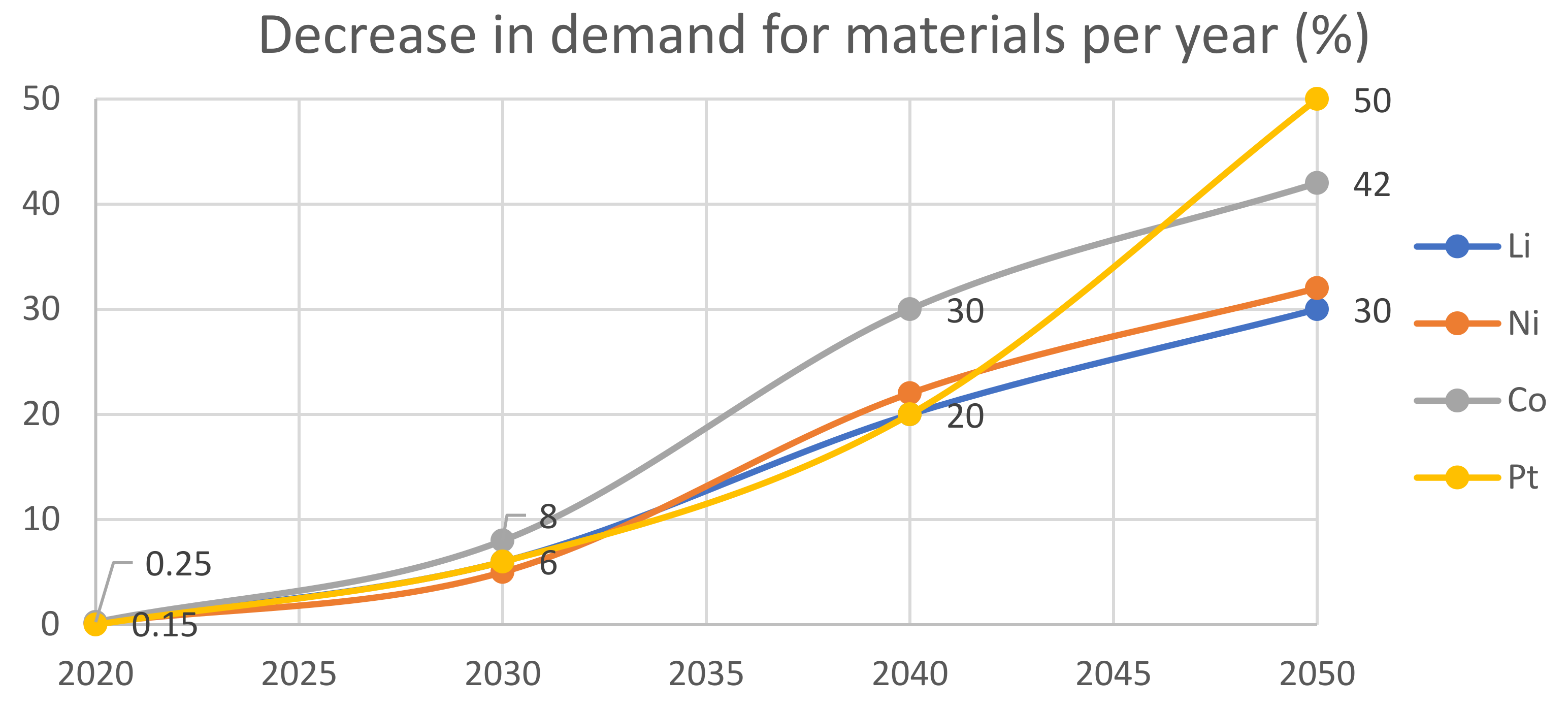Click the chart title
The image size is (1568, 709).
(814, 37)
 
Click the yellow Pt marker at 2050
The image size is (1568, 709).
(1317, 99)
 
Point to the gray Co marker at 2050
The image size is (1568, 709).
(1317, 182)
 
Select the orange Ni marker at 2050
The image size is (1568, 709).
(1317, 287)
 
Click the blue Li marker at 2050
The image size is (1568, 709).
(1317, 310)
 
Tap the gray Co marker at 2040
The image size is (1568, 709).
(909, 309)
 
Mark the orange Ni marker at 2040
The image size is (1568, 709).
(909, 393)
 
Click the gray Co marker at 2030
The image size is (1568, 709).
(502, 540)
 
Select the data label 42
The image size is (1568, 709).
(1372, 184)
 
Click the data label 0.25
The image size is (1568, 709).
(178, 564)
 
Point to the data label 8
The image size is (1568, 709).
(548, 516)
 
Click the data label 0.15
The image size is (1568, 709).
(165, 626)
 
